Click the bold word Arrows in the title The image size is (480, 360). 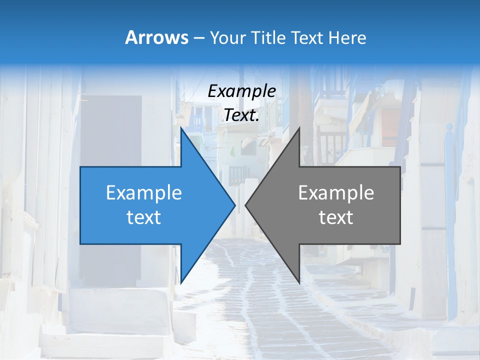[157, 37]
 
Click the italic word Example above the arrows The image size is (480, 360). [241, 91]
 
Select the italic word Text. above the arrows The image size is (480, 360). [241, 115]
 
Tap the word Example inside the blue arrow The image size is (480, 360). [143, 193]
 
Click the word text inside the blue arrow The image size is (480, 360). [143, 217]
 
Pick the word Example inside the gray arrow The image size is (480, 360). [336, 193]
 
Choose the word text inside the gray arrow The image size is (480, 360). [336, 217]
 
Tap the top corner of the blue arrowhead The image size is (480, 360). [181, 129]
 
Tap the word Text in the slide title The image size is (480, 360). [309, 37]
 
